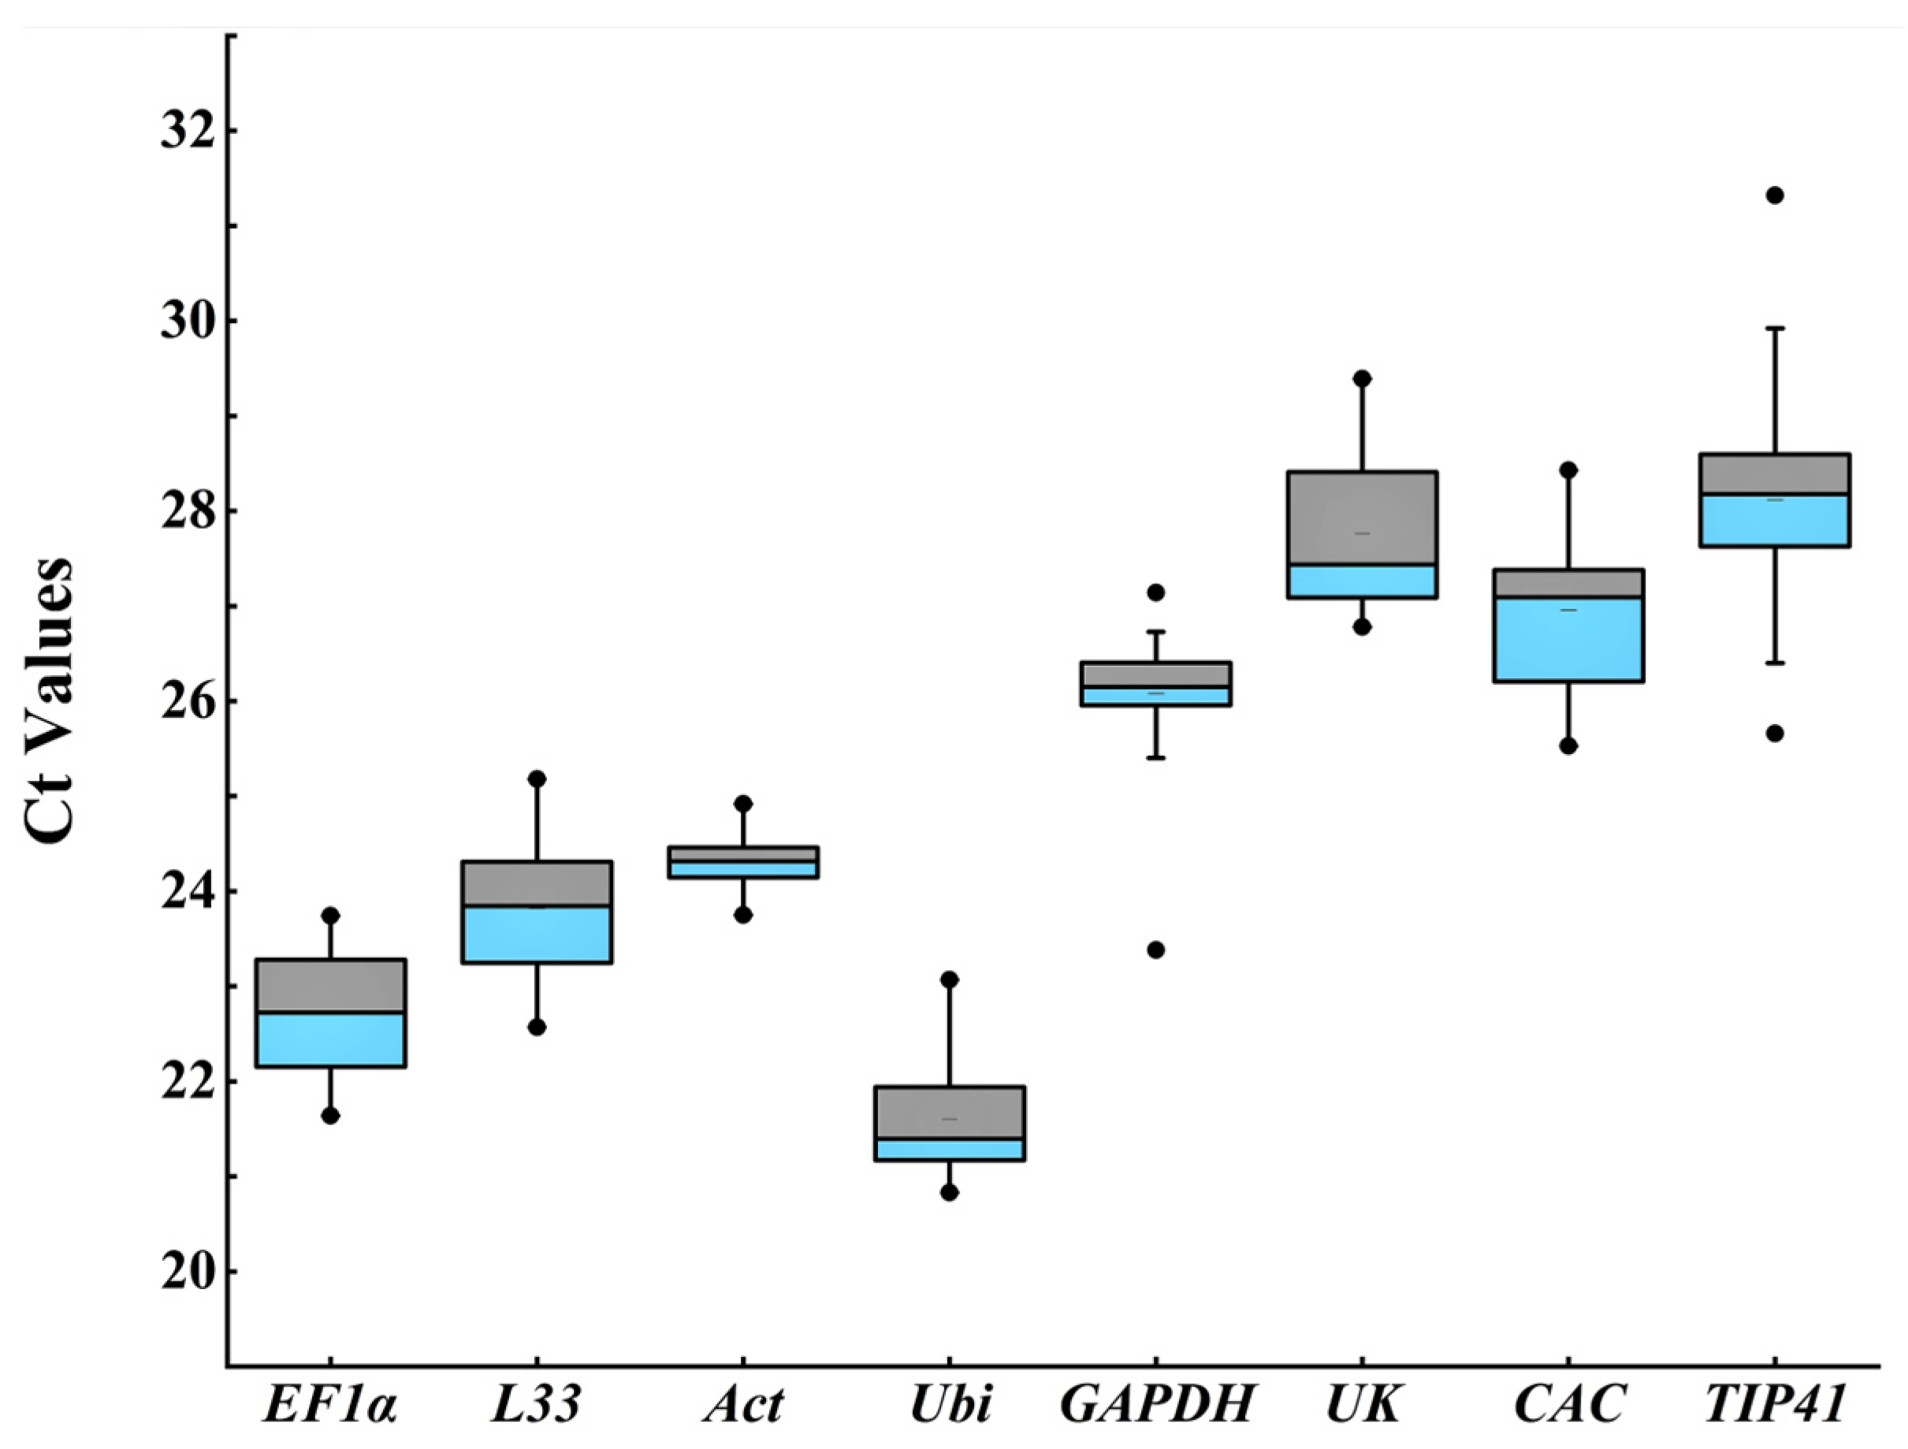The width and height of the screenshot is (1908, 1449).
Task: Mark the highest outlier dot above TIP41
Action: click(x=1774, y=195)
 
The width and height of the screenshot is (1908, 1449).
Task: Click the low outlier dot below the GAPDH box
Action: click(x=1156, y=949)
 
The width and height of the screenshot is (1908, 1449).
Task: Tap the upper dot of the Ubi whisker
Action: click(x=949, y=979)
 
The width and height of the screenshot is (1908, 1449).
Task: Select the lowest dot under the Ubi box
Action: click(x=949, y=1193)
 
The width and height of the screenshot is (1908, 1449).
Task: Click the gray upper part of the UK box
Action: click(x=1362, y=518)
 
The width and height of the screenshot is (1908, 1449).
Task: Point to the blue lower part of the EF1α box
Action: click(x=330, y=1040)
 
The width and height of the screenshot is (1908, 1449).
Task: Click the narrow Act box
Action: click(x=742, y=863)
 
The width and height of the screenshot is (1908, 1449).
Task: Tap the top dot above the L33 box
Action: click(x=537, y=778)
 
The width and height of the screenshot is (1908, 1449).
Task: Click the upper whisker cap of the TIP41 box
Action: click(x=1774, y=328)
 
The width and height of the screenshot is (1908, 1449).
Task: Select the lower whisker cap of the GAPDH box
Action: click(x=1156, y=758)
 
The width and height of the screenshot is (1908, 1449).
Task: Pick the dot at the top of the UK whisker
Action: click(x=1362, y=379)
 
